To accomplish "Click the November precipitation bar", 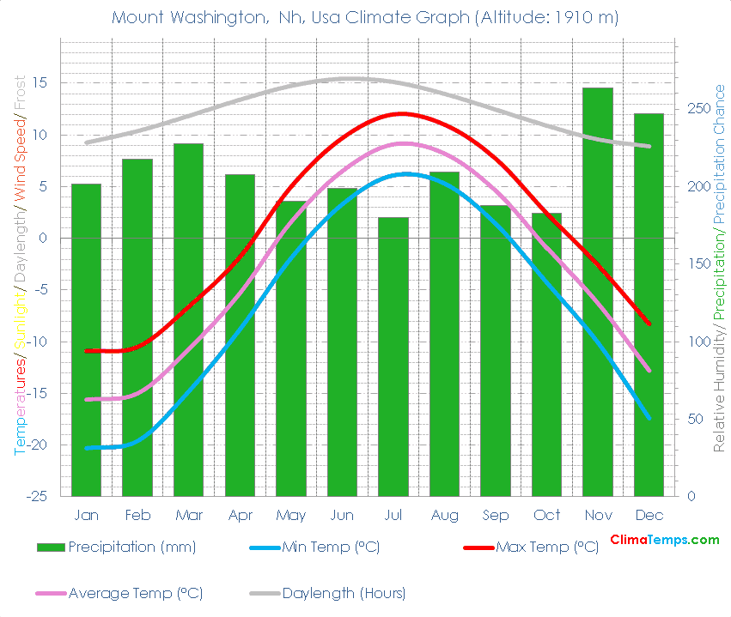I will coord(598,292).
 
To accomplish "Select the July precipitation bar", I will coord(393,356).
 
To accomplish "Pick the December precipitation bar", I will coord(649,305).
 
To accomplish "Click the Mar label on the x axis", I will coord(188,516).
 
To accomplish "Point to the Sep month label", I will coord(495,516).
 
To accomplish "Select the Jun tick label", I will coord(342,516).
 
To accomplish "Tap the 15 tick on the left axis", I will coord(40,83).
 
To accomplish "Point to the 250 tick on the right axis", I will coord(700,109).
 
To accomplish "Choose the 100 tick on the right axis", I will coord(700,342).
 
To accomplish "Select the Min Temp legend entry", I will coord(331,547).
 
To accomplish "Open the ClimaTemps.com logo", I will coord(664,540).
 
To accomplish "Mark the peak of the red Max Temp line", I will coord(400,113).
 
